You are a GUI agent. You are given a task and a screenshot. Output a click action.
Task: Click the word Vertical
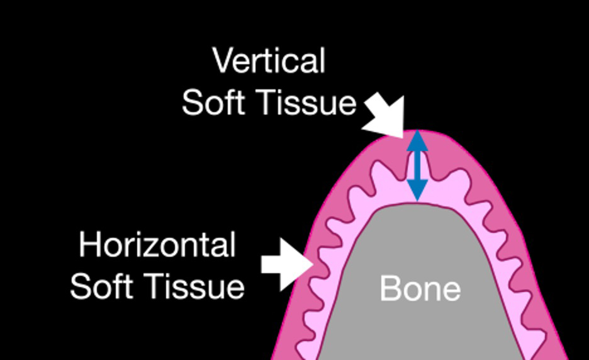[269, 61]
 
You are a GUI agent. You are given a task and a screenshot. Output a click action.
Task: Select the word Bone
[420, 289]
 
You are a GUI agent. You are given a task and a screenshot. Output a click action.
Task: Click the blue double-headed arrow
[417, 166]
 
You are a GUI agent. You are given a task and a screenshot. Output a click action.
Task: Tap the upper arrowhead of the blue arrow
[417, 141]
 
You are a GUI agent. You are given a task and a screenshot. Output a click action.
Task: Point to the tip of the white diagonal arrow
[403, 136]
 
